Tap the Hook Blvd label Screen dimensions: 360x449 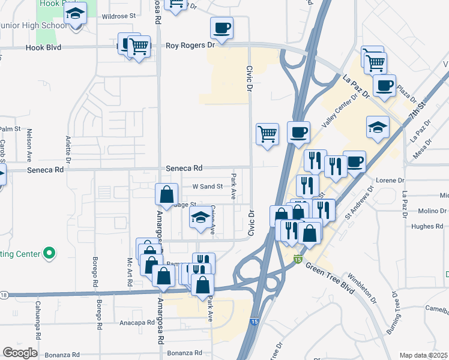44,47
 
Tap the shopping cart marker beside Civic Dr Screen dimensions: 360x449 267,134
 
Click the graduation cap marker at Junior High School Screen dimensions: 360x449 75,13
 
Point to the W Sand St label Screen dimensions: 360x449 207,187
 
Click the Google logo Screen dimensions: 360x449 20,353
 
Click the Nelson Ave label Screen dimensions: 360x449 28,147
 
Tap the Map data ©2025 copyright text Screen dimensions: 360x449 424,355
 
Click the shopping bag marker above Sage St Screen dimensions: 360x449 166,194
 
